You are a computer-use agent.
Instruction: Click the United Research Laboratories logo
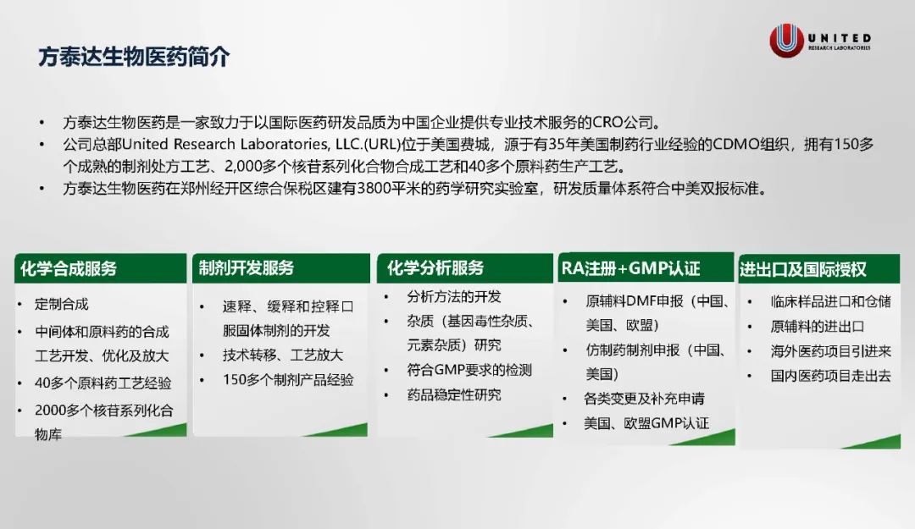(820, 41)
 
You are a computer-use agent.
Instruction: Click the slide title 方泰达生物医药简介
(134, 58)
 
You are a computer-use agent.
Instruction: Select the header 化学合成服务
(69, 269)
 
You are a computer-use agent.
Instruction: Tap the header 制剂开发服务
(247, 267)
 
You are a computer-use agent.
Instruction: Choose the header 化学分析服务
(435, 267)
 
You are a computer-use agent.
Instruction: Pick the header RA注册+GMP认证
(631, 268)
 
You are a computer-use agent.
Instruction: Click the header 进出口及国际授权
(803, 269)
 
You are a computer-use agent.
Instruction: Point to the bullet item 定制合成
(62, 304)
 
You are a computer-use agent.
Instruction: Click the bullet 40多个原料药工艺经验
(103, 383)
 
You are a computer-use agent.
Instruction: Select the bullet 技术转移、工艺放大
(282, 355)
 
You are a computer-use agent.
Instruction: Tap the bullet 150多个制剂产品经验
(288, 380)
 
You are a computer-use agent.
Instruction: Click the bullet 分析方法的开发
(454, 297)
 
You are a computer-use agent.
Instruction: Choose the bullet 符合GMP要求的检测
(469, 370)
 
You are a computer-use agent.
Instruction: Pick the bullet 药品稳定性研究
(454, 395)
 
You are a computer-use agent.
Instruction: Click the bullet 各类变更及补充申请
(644, 399)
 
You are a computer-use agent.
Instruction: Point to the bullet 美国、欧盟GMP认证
(646, 423)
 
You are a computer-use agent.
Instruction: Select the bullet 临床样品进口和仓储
(831, 301)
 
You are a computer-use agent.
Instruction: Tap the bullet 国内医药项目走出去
(831, 376)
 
